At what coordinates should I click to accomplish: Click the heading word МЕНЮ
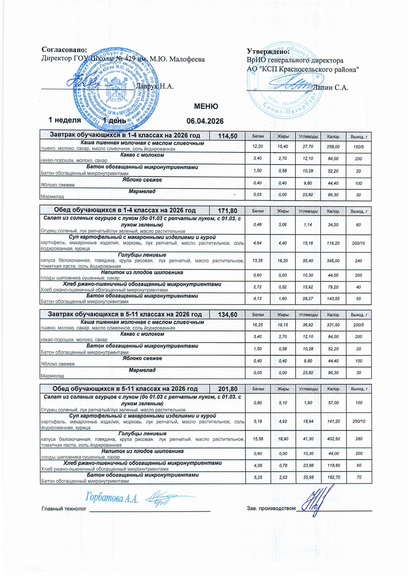pos(206,106)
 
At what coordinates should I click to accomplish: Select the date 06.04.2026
pos(205,121)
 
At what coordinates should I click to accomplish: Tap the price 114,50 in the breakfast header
pos(228,136)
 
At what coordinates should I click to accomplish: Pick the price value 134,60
pos(228,315)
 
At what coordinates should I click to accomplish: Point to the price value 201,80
pos(228,389)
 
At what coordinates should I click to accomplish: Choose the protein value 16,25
pos(258,325)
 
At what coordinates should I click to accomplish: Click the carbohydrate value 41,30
pos(308,439)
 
